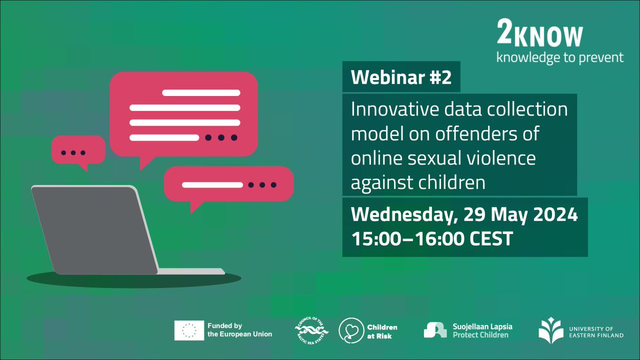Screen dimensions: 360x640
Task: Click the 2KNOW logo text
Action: pyautogui.click(x=539, y=36)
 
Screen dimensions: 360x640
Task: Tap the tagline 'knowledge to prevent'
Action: pyautogui.click(x=559, y=58)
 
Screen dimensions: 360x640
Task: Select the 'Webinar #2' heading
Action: pyautogui.click(x=401, y=79)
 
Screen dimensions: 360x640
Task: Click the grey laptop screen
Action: pyautogui.click(x=93, y=229)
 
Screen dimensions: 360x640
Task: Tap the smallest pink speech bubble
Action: pyautogui.click(x=77, y=150)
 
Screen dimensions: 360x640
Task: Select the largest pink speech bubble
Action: pyautogui.click(x=183, y=115)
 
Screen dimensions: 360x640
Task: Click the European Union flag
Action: pyautogui.click(x=189, y=330)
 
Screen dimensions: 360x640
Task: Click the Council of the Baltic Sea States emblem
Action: pyautogui.click(x=312, y=330)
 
